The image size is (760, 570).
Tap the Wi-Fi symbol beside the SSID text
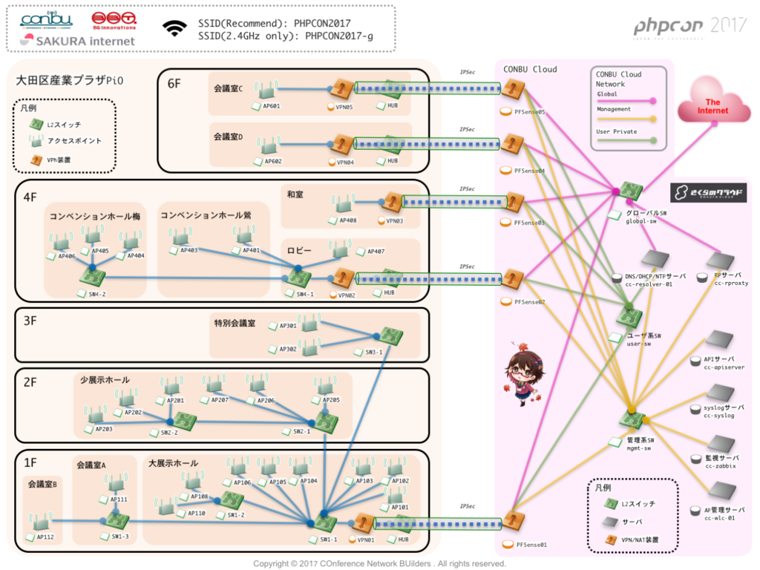pos(175,28)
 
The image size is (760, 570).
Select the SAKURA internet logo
pos(77,41)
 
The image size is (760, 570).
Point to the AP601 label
pos(271,106)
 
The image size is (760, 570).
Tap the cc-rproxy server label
pos(731,283)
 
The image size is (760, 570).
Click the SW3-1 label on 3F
pos(373,352)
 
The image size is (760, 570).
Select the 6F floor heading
pos(174,84)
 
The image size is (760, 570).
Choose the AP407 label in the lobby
pos(376,252)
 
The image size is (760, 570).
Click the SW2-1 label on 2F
pos(301,431)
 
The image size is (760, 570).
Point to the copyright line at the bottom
pos(379,563)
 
